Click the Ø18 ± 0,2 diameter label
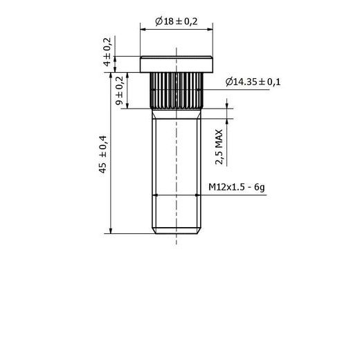pos(177,21)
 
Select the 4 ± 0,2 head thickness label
pos(107,52)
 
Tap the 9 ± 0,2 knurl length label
pos(120,91)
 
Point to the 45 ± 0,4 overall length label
pos(103,154)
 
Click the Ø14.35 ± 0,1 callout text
pos(253,82)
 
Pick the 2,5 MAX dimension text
pos(219,147)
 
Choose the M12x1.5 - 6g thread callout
pos(237,187)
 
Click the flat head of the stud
pos(177,64)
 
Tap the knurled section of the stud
pos(177,91)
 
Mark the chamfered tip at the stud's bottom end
pos(177,231)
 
